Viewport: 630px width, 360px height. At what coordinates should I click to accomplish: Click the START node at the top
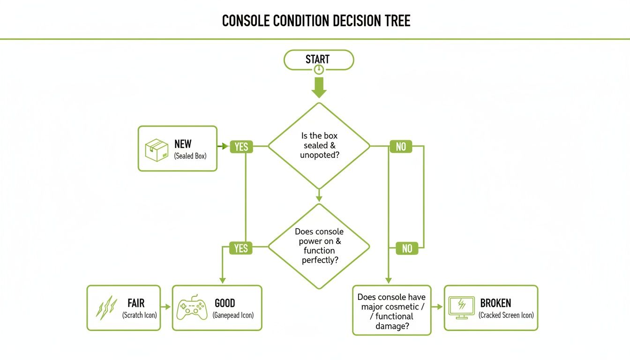318,59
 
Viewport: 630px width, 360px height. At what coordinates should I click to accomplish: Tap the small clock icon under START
319,70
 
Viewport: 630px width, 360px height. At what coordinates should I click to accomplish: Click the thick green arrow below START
319,87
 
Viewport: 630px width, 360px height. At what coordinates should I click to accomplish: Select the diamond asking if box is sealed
319,146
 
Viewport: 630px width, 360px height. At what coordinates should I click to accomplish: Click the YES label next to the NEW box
241,147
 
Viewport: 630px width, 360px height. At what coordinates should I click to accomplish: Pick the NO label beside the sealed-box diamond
401,147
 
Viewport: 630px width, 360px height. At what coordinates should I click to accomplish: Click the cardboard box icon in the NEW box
157,150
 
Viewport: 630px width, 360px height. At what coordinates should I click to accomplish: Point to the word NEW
183,144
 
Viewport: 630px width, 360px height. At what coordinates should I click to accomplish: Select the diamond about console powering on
319,246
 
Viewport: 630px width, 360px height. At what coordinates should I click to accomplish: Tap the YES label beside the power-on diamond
241,248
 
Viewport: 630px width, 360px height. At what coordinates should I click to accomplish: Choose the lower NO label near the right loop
407,248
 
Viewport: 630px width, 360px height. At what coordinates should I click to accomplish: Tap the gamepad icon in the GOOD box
192,308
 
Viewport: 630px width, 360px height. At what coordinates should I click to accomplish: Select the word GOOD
225,303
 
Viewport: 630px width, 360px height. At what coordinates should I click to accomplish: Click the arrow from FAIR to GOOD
166,307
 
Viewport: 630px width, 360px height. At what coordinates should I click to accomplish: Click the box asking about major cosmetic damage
391,310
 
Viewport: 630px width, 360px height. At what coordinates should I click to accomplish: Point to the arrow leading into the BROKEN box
437,307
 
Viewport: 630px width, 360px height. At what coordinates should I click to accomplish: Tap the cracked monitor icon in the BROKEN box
462,307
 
